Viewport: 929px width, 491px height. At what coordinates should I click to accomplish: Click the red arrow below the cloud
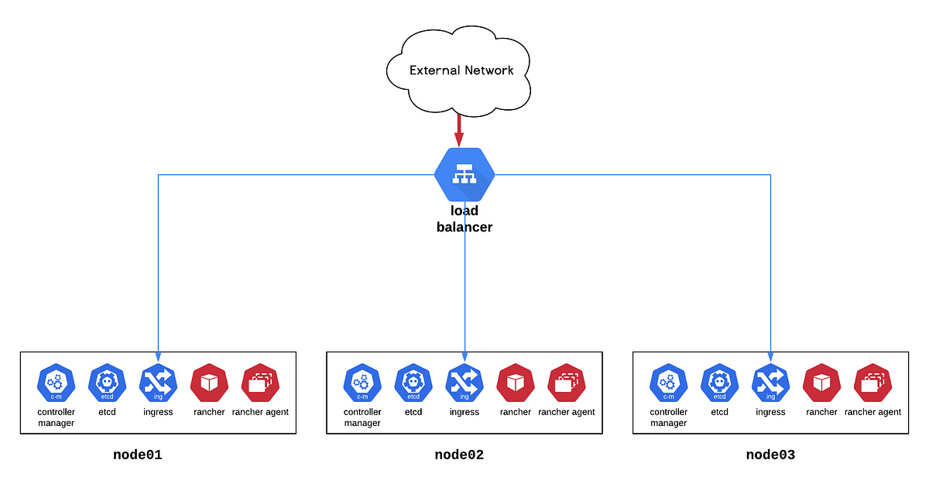coord(459,129)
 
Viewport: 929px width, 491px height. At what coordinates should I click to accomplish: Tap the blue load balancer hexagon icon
coord(464,176)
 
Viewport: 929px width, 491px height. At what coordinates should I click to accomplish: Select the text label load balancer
coord(464,219)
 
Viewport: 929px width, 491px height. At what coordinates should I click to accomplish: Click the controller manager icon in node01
coord(56,383)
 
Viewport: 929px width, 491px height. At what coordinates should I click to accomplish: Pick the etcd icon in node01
coord(107,383)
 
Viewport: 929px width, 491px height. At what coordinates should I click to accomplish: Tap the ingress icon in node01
coord(158,383)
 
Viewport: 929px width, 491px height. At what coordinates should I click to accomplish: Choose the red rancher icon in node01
coord(209,383)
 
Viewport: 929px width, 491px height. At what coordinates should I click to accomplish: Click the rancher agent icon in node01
coord(260,383)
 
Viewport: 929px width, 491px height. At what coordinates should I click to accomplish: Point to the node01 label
coord(137,455)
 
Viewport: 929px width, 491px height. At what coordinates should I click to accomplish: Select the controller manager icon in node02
coord(362,383)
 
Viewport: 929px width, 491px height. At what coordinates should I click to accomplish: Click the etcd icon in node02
coord(413,383)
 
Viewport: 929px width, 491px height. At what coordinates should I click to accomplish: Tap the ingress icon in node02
coord(464,383)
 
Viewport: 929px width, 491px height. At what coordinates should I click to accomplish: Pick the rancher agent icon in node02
coord(567,383)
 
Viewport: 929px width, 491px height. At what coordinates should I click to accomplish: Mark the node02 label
coord(459,455)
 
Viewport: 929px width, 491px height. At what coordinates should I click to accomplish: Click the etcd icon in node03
coord(720,383)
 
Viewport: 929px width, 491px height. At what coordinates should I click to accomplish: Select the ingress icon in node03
coord(771,383)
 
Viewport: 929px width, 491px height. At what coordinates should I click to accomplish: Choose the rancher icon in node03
coord(822,383)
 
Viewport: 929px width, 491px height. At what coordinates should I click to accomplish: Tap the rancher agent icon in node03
coord(873,383)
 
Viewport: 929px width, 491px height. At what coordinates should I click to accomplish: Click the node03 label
coord(770,455)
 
